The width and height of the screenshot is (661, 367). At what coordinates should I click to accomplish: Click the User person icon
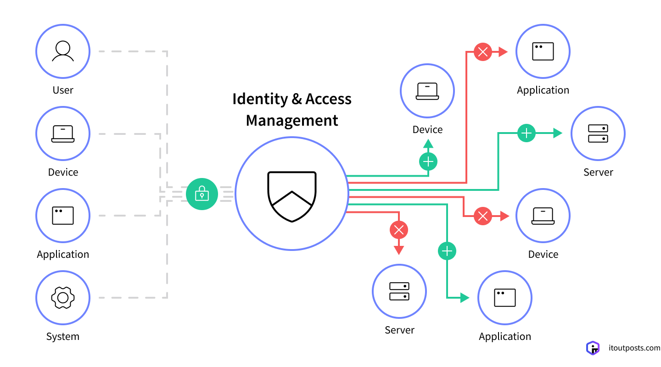(63, 51)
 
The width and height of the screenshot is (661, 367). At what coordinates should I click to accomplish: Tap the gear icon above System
(63, 298)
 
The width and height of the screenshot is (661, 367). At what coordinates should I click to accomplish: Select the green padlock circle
(202, 194)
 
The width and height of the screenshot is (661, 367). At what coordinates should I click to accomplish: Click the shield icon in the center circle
(292, 196)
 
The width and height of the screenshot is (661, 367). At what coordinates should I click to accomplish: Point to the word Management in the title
(292, 121)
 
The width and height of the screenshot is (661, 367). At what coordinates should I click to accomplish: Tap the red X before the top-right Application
(482, 52)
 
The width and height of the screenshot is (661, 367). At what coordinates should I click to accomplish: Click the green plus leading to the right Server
(527, 133)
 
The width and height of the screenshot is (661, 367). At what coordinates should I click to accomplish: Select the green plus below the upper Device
(428, 161)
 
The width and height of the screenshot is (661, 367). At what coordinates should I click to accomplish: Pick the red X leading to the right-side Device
(482, 216)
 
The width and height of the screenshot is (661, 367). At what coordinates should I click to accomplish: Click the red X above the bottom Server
(399, 229)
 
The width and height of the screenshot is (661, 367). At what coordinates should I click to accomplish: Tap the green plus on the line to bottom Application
(447, 251)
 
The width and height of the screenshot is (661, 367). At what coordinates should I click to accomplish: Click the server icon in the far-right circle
(598, 133)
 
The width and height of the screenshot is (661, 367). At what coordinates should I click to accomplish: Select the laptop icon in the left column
(63, 133)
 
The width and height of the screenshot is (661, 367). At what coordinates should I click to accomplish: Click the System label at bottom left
(63, 337)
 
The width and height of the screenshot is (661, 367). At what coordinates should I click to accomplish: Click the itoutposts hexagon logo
(593, 348)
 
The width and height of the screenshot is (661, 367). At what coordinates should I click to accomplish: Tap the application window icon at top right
(543, 51)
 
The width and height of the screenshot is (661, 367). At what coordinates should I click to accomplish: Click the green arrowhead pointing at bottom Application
(465, 298)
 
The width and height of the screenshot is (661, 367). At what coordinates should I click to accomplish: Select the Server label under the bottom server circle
(399, 330)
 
